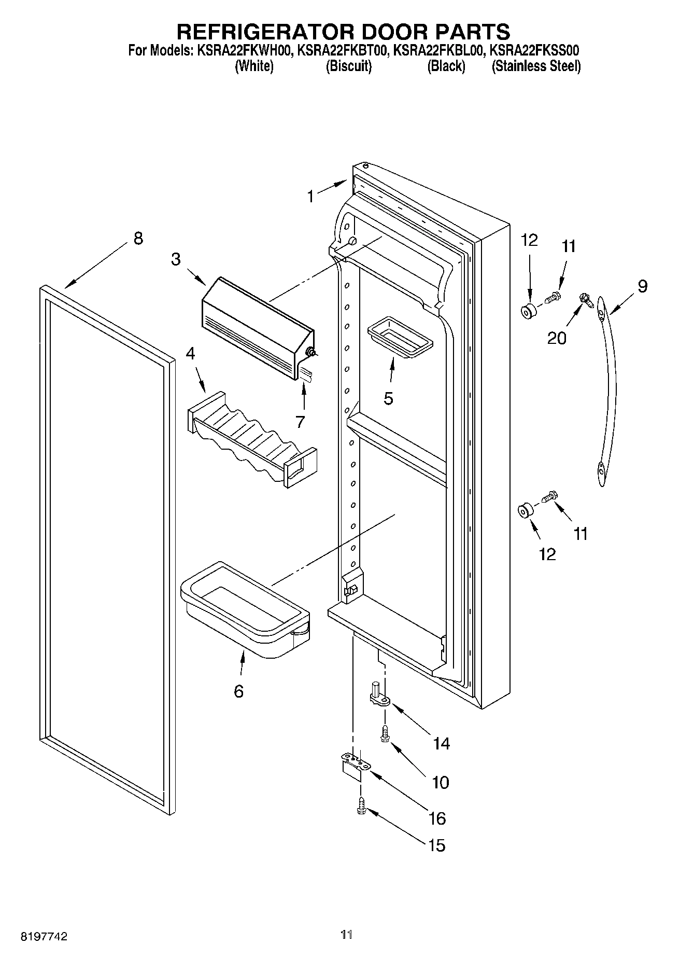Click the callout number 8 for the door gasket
pyautogui.click(x=137, y=239)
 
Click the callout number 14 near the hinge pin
pyautogui.click(x=441, y=744)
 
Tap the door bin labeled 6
pyautogui.click(x=244, y=617)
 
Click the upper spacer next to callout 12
pyautogui.click(x=529, y=312)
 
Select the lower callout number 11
pyautogui.click(x=580, y=534)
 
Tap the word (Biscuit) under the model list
pyautogui.click(x=348, y=66)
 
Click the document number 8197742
pyautogui.click(x=45, y=936)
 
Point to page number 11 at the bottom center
pyautogui.click(x=347, y=935)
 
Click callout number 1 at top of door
pyautogui.click(x=310, y=197)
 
